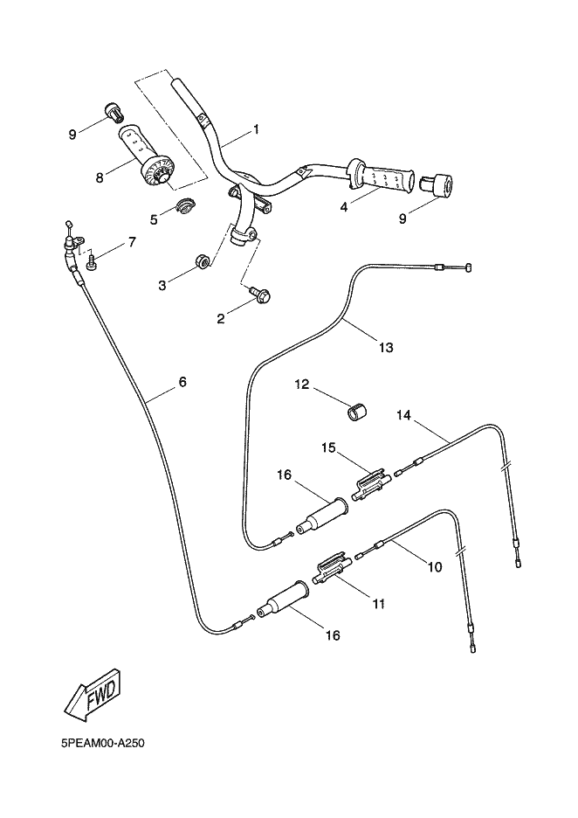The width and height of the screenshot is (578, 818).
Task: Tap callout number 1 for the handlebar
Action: coord(257,129)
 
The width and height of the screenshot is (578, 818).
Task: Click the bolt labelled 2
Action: coord(261,297)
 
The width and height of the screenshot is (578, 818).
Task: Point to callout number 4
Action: coord(344,208)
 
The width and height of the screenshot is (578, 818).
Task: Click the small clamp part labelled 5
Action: coord(185,206)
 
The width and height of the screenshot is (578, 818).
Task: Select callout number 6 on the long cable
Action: coord(182,382)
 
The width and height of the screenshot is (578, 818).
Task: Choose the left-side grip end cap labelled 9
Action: coord(113,112)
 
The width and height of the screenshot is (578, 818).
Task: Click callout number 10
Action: coord(434,566)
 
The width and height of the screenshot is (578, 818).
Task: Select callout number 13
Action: coord(386,348)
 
